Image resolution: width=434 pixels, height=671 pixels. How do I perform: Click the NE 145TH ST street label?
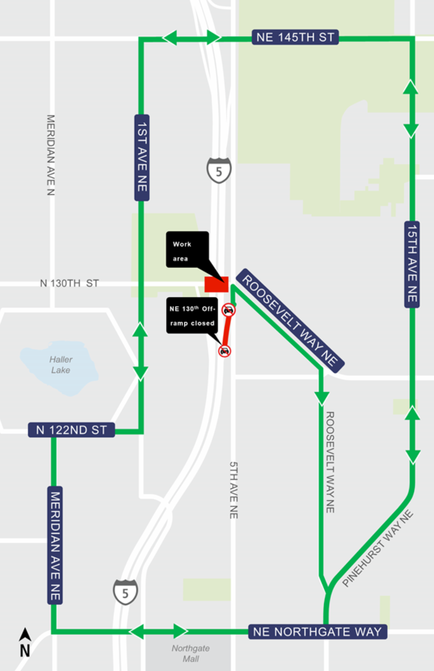pos(295,38)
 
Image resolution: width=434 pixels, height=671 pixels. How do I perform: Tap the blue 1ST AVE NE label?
pos(142,158)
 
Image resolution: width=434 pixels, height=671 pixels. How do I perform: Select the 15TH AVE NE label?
pos(412,264)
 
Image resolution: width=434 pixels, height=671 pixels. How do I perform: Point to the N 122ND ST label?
pos(71,430)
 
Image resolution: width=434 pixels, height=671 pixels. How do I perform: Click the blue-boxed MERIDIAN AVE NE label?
pos(55,545)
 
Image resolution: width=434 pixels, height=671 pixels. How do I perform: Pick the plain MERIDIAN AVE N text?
pos(51,155)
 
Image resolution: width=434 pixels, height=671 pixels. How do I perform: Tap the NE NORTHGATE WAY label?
pos(317,632)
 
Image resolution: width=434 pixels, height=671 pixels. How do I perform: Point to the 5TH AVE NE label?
pos(234,490)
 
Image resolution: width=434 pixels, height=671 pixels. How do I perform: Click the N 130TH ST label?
pos(69,283)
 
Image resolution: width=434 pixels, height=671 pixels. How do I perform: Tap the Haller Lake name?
pos(61,365)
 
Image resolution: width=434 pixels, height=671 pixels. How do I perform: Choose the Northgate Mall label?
pos(191,653)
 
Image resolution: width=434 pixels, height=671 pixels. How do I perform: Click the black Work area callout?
pos(187,250)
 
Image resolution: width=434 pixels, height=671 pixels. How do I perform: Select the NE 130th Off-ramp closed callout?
pos(192,315)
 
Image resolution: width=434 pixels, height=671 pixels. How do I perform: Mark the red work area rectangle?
pos(217,284)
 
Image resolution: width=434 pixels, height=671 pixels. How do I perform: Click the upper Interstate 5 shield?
pos(219,171)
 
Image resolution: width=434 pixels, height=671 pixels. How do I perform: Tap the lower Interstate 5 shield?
pos(125,592)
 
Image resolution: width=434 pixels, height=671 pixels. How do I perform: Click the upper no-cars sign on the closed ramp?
pos(229,310)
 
